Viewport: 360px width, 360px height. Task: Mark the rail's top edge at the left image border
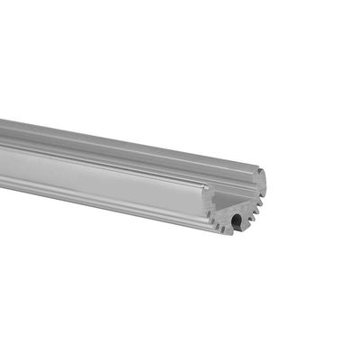(2, 120)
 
